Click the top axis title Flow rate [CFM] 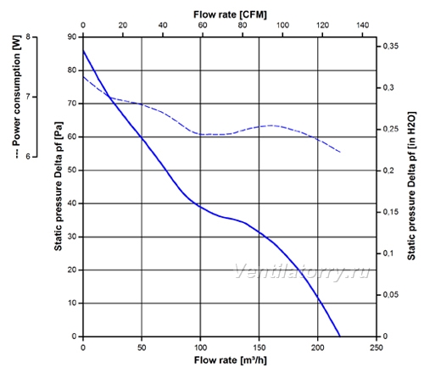[230, 14]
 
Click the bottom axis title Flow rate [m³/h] [230, 360]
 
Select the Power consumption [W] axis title [17, 96]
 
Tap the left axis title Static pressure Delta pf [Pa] [59, 186]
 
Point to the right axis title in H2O [411, 186]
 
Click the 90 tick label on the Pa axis [72, 36]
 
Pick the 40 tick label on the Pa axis [72, 203]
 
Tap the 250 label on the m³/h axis [377, 348]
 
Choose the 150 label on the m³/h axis [259, 348]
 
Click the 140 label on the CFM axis [362, 25]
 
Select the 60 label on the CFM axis [203, 25]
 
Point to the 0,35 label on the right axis [390, 46]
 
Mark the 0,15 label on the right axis [390, 212]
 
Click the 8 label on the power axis [28, 36]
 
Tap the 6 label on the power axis [28, 156]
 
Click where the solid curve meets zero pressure [340, 337]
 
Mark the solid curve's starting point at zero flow [83, 51]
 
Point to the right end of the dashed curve [340, 152]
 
